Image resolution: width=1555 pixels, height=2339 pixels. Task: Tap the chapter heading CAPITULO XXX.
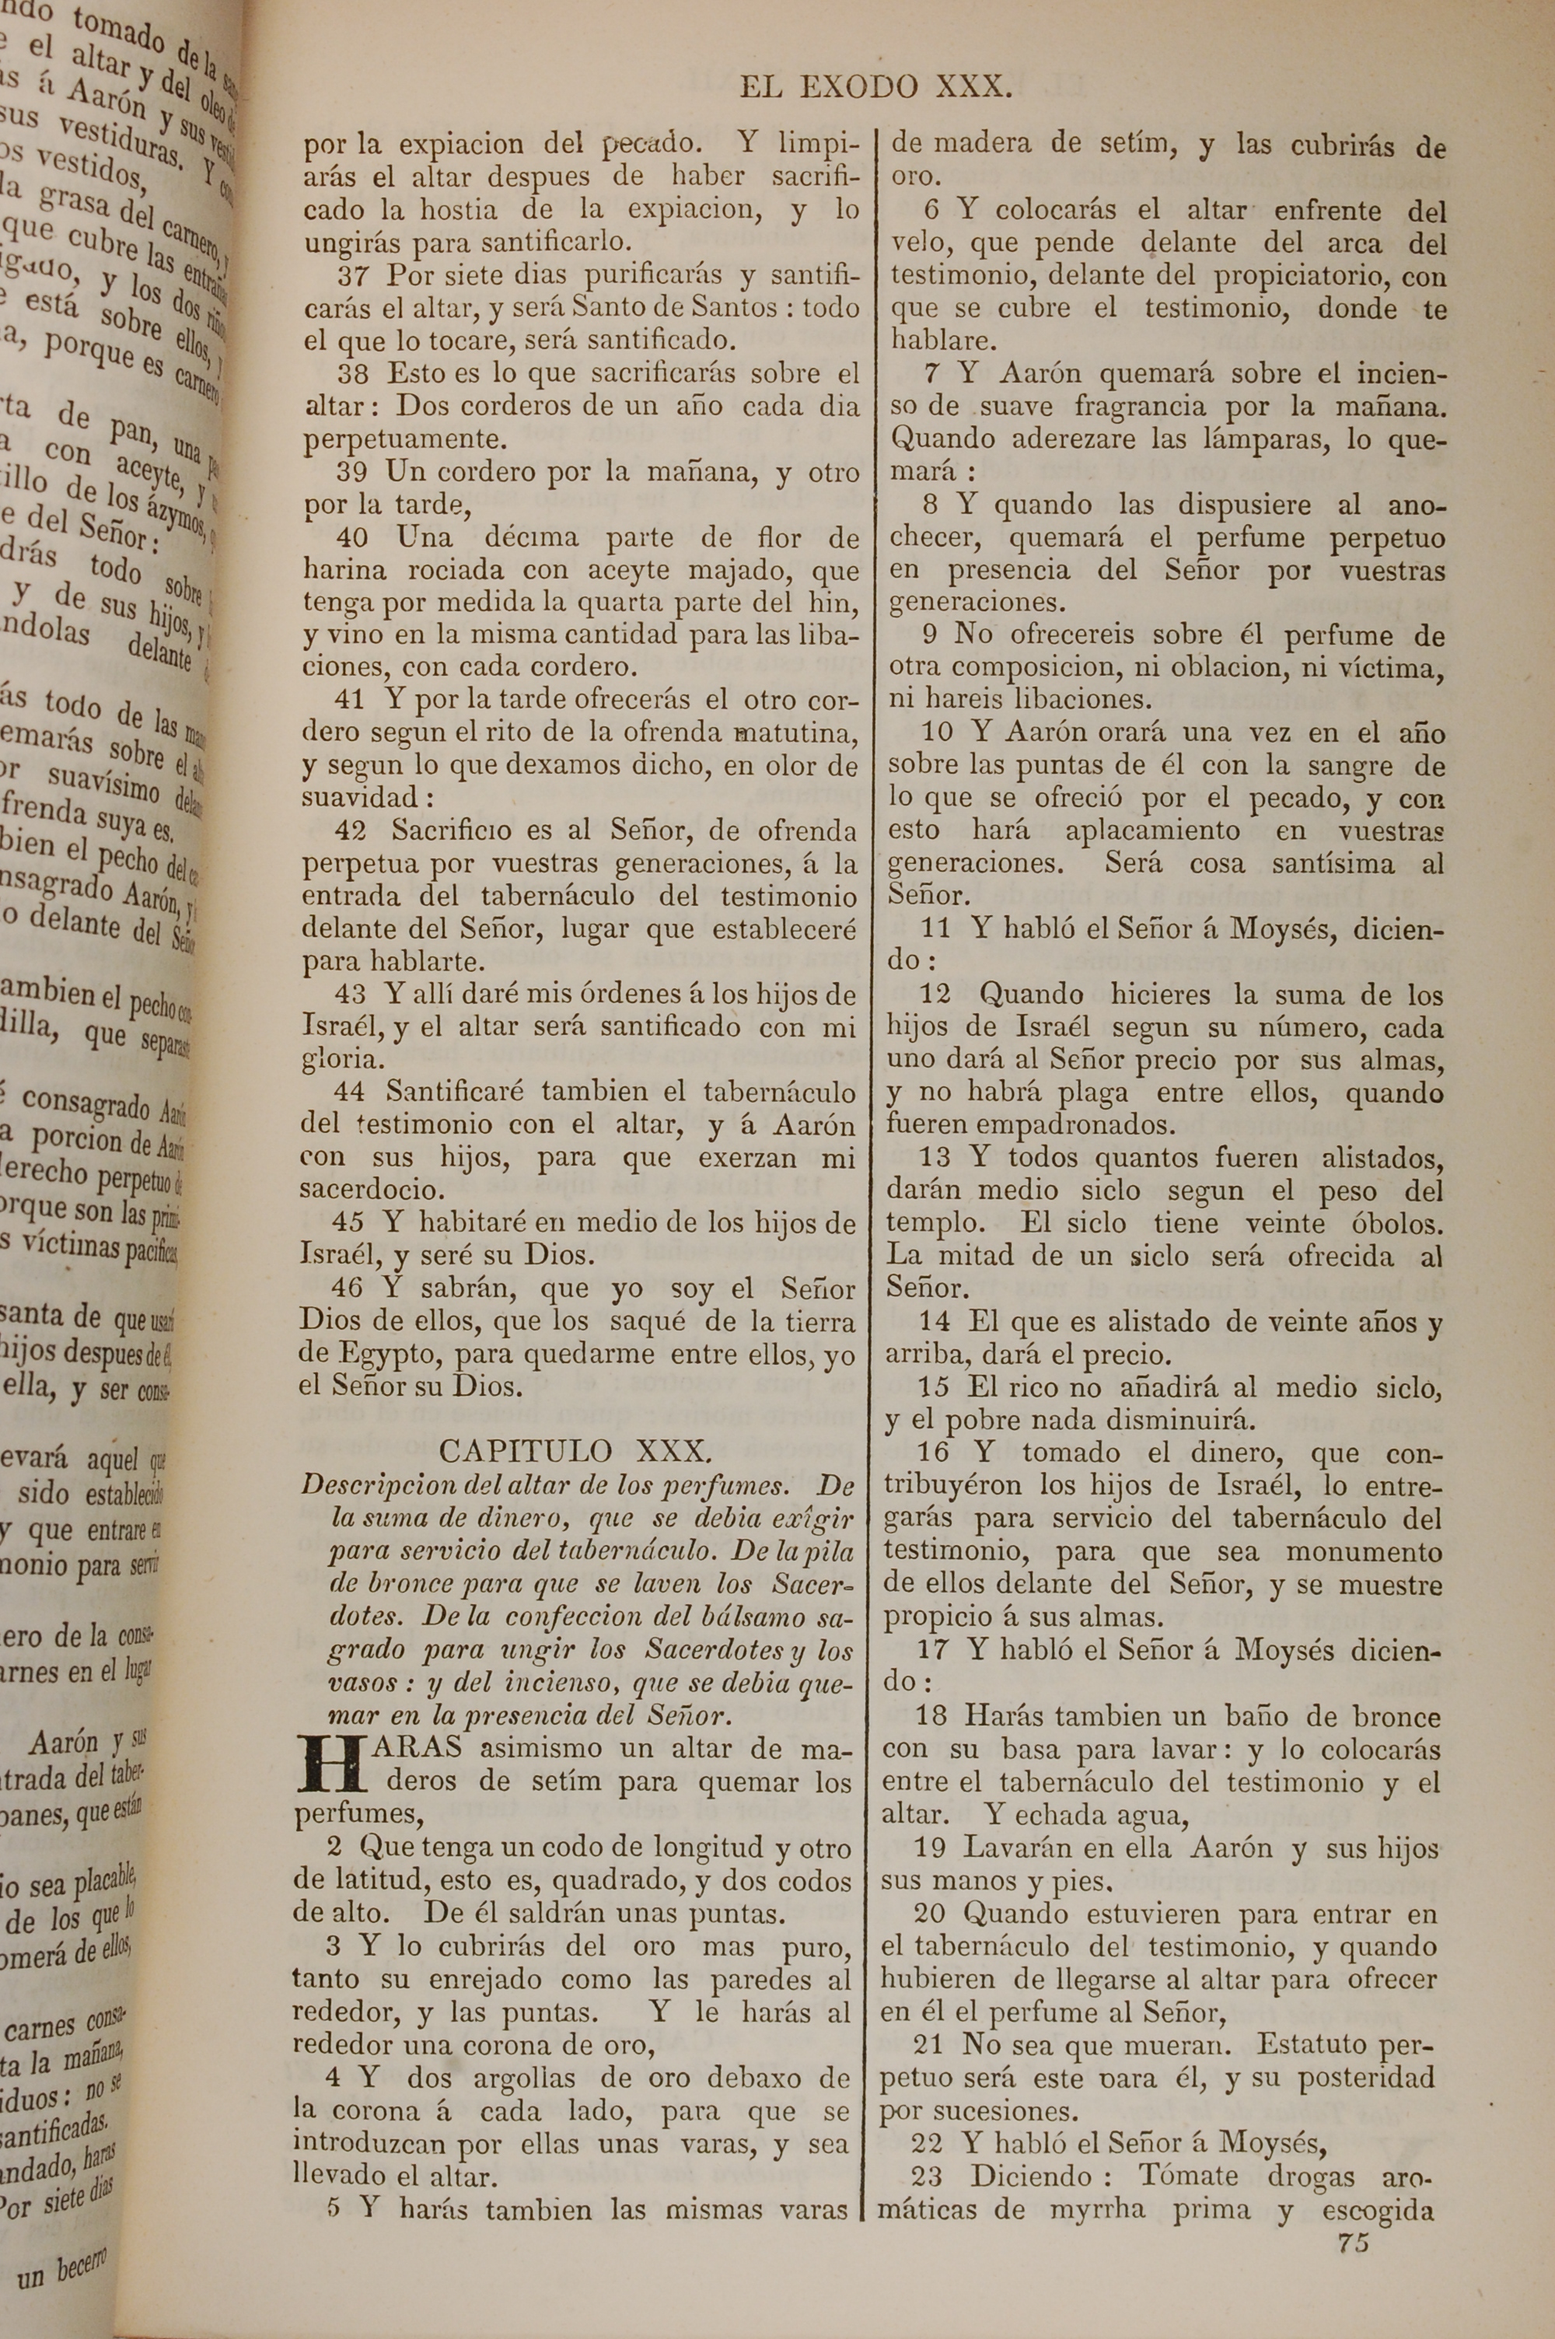coord(575,1452)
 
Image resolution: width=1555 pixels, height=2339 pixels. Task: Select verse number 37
coord(352,274)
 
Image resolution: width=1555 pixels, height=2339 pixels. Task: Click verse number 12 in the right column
coord(935,995)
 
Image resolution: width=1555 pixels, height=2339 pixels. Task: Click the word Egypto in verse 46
coord(374,1355)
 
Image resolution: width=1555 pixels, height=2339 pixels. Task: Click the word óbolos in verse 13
coord(1393,1222)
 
